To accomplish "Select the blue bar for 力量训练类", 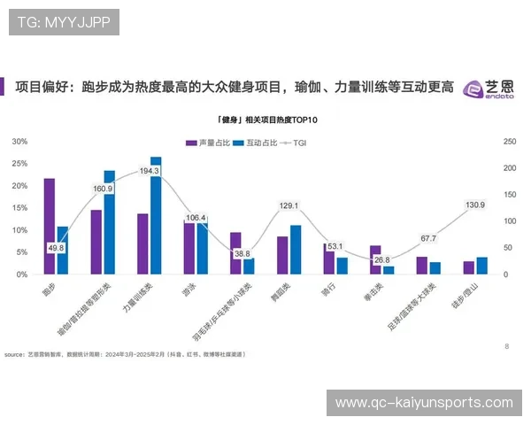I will pyautogui.click(x=156, y=215).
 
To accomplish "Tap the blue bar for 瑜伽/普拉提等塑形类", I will pyautogui.click(x=110, y=222).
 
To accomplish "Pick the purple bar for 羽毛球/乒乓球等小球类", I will pyautogui.click(x=235, y=253).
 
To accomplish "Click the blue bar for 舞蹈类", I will pyautogui.click(x=296, y=250).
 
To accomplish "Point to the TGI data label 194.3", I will pyautogui.click(x=150, y=171).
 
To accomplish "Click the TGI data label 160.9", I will pyautogui.click(x=103, y=189).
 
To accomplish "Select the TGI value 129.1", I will pyautogui.click(x=289, y=206).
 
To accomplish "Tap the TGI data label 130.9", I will pyautogui.click(x=474, y=205).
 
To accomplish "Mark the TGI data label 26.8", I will pyautogui.click(x=381, y=260).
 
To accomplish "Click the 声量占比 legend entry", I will pyautogui.click(x=206, y=143).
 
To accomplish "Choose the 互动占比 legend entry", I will pyautogui.click(x=256, y=143).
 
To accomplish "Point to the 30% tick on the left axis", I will pyautogui.click(x=19, y=141).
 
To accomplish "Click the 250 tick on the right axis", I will pyautogui.click(x=509, y=141).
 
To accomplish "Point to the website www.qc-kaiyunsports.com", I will pyautogui.click(x=425, y=403).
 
